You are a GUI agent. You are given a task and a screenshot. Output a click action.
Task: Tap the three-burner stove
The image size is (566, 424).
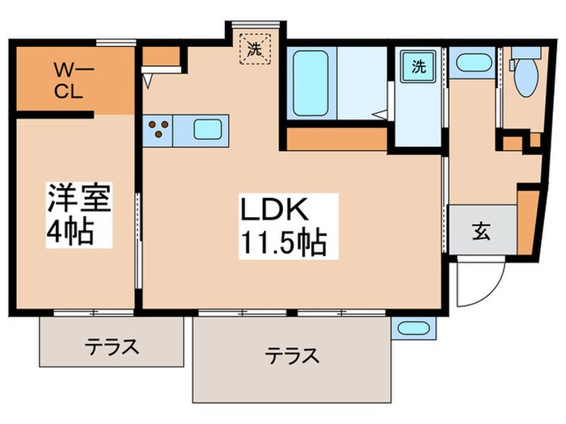160,129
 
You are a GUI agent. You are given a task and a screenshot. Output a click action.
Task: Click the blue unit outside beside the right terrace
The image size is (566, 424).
412,329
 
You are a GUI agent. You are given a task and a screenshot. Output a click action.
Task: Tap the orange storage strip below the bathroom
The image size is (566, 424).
336,139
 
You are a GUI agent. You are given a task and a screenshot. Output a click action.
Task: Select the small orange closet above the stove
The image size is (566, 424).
165,57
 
